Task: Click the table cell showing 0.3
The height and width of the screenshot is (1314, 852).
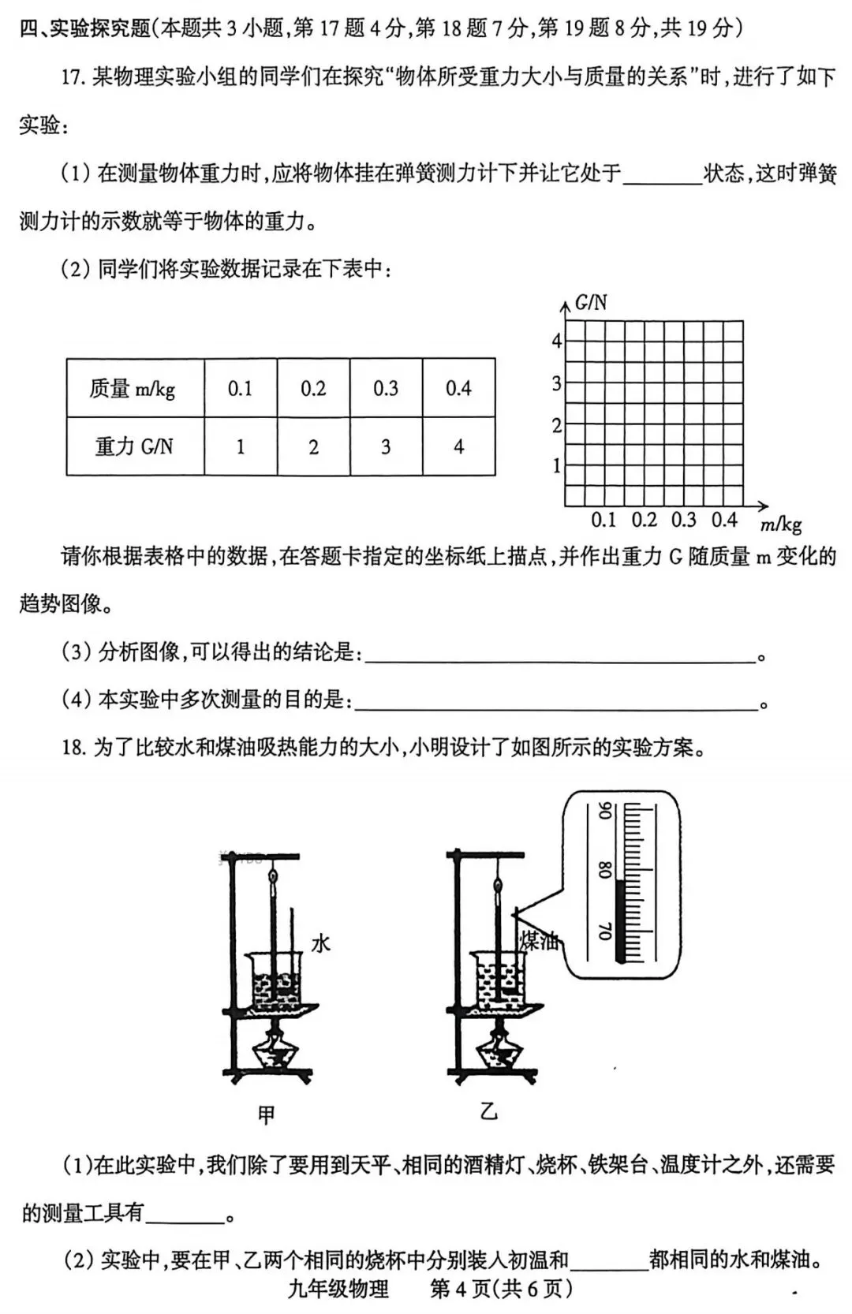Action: [386, 388]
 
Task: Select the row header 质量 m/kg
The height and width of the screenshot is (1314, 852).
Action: [133, 388]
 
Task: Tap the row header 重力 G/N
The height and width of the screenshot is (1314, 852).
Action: [134, 446]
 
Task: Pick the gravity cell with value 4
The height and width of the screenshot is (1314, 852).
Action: [458, 446]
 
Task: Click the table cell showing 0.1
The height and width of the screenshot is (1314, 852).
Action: [240, 388]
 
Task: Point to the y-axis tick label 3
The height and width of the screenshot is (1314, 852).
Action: [556, 384]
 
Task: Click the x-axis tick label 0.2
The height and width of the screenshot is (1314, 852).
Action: [645, 520]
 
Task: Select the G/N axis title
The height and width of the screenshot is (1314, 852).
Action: [591, 302]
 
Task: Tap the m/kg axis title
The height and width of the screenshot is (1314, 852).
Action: [781, 524]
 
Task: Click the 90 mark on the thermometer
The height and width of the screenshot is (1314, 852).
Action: [605, 811]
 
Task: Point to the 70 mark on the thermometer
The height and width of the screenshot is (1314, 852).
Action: [605, 930]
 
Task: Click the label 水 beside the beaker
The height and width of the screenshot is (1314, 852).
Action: [320, 943]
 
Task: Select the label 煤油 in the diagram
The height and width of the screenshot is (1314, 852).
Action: [538, 940]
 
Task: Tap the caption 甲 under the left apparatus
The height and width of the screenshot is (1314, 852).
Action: [267, 1114]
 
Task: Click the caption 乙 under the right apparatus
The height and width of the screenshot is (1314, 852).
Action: [489, 1112]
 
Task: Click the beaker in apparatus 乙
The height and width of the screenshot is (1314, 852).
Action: [499, 978]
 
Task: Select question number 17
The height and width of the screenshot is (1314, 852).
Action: [73, 78]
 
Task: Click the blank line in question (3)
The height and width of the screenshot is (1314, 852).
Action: [560, 656]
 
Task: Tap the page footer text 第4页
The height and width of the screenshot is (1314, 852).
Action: [461, 1289]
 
